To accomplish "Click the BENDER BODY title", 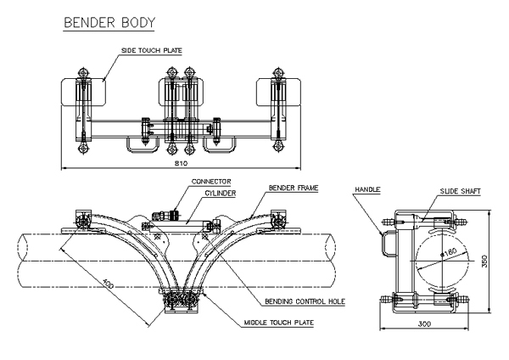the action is (x=109, y=22).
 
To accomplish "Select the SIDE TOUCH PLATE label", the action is (x=152, y=50).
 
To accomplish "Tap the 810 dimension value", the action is (x=181, y=163).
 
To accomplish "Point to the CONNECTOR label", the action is (x=211, y=182).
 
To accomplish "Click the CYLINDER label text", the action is (x=220, y=193).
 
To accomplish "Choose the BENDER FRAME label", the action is (x=294, y=188).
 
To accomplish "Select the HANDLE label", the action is (x=367, y=189).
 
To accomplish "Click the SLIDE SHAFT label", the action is (x=460, y=191).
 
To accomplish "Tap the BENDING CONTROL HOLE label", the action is (x=305, y=301).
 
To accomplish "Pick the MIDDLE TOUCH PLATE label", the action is (x=279, y=323).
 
